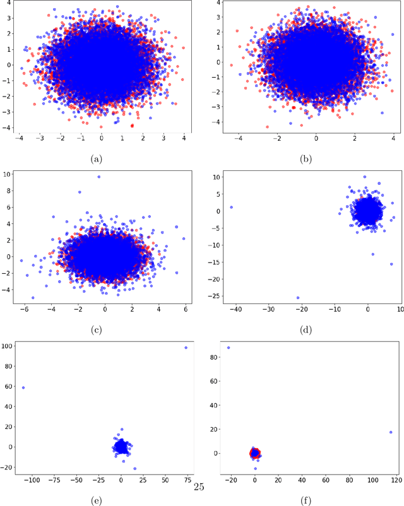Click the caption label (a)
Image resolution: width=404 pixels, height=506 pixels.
click(96, 160)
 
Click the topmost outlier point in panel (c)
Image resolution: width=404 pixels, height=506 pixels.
click(98, 177)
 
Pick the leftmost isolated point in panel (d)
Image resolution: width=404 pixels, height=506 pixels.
click(232, 207)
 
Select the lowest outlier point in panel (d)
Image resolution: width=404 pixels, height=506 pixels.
click(298, 298)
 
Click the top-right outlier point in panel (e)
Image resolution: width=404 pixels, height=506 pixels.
click(186, 348)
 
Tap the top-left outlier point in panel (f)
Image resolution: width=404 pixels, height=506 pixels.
click(229, 348)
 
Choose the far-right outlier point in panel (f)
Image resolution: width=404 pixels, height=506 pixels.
click(391, 432)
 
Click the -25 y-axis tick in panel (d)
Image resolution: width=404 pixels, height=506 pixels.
click(214, 296)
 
